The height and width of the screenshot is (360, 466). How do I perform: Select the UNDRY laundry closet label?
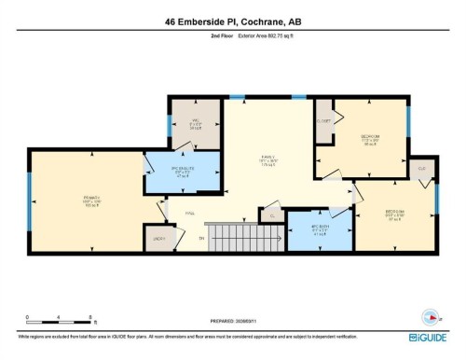161,240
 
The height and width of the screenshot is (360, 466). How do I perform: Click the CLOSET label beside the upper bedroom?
324,121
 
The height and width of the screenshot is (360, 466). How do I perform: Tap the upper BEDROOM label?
370,138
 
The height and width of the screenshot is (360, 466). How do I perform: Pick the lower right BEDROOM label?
396,214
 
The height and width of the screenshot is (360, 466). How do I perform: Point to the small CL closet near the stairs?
272,215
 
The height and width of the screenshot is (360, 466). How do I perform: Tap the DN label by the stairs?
200,237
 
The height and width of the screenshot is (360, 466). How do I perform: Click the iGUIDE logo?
431,336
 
